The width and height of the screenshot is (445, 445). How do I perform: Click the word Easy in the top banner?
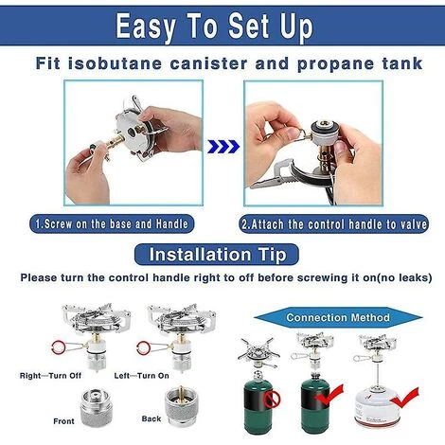click(x=146, y=27)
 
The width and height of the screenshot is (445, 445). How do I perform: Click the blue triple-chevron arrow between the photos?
click(x=223, y=147)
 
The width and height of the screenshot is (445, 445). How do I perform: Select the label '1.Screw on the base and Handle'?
click(x=112, y=223)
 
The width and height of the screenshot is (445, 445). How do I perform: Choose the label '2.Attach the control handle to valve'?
click(x=334, y=224)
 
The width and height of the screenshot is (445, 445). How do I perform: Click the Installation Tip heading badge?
click(x=217, y=255)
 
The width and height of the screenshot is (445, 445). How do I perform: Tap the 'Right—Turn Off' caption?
click(x=50, y=376)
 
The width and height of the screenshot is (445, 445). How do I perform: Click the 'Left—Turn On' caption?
click(x=141, y=376)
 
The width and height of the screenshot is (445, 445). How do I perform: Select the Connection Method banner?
click(x=338, y=317)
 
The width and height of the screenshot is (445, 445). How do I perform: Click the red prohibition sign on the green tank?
click(x=274, y=399)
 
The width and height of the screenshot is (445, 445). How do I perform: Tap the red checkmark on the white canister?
click(x=404, y=398)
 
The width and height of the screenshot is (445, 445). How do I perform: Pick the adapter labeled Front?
click(x=97, y=407)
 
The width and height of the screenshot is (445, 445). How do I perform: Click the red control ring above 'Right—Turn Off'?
click(x=59, y=348)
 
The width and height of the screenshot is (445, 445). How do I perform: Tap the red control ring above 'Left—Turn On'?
click(x=144, y=348)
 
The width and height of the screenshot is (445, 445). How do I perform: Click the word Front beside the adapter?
click(x=63, y=421)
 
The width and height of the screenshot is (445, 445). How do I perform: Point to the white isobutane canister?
click(x=378, y=407)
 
